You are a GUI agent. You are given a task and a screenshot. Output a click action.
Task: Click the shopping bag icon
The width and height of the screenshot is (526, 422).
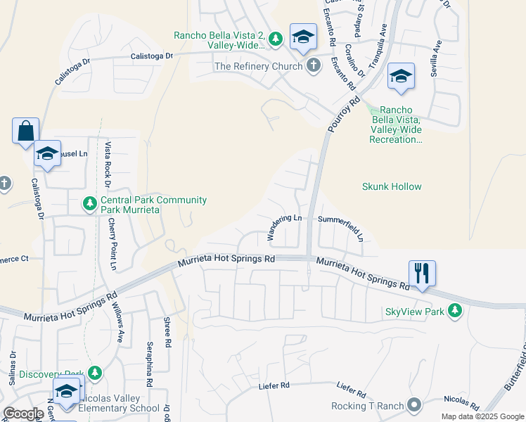click(x=25, y=131)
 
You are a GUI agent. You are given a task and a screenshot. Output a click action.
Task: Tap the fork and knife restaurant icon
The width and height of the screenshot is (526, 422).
click(x=422, y=272)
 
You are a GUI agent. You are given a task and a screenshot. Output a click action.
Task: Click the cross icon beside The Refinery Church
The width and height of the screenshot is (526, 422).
click(x=314, y=66)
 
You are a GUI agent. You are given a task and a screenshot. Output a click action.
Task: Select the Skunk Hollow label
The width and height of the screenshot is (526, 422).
click(x=392, y=186)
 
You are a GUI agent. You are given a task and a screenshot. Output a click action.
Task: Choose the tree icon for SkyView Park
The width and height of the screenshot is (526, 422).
click(x=456, y=311)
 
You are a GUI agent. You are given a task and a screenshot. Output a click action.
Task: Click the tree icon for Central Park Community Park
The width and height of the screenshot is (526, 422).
click(x=89, y=204)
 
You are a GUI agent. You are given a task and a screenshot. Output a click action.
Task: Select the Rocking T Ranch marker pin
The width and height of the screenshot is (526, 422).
click(x=415, y=405)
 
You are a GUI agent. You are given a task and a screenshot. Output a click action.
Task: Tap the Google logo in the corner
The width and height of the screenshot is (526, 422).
click(x=24, y=414)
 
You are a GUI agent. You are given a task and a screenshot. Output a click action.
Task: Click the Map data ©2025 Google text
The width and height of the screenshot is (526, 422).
click(x=482, y=416)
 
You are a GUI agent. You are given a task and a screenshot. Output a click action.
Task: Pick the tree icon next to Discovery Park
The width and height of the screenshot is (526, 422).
click(x=95, y=373)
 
